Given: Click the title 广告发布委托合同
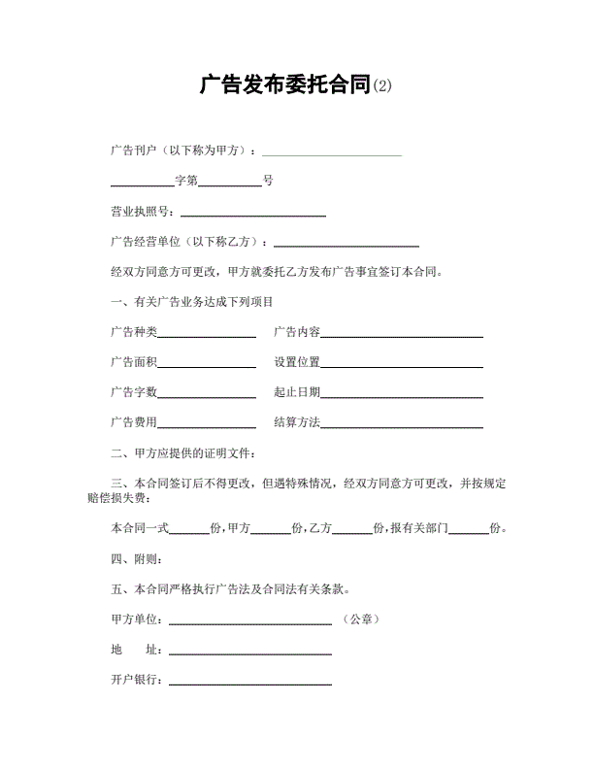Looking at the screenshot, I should (x=285, y=85).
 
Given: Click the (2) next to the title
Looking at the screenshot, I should (x=383, y=87).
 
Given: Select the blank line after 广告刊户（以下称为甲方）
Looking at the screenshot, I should (x=332, y=152).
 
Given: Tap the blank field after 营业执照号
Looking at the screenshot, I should (x=253, y=213).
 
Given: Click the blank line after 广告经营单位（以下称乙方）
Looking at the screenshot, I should (x=347, y=244).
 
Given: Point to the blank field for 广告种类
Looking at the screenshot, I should (x=207, y=335).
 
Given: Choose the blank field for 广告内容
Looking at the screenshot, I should (x=402, y=335).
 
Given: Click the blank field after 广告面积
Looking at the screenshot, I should (x=207, y=365).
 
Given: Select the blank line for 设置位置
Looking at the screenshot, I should (x=402, y=365).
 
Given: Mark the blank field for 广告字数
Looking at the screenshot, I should (x=207, y=395).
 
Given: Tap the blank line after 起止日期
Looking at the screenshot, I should (x=402, y=395).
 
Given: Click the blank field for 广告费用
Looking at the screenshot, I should (x=207, y=425).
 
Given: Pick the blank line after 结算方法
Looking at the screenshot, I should (x=402, y=425).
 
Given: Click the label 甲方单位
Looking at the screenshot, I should (x=135, y=619).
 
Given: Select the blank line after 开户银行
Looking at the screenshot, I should (x=250, y=683).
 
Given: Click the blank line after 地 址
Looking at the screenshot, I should (x=250, y=652).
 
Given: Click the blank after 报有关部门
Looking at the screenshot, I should (x=469, y=530).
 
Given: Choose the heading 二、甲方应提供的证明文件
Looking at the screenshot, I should (x=184, y=453).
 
